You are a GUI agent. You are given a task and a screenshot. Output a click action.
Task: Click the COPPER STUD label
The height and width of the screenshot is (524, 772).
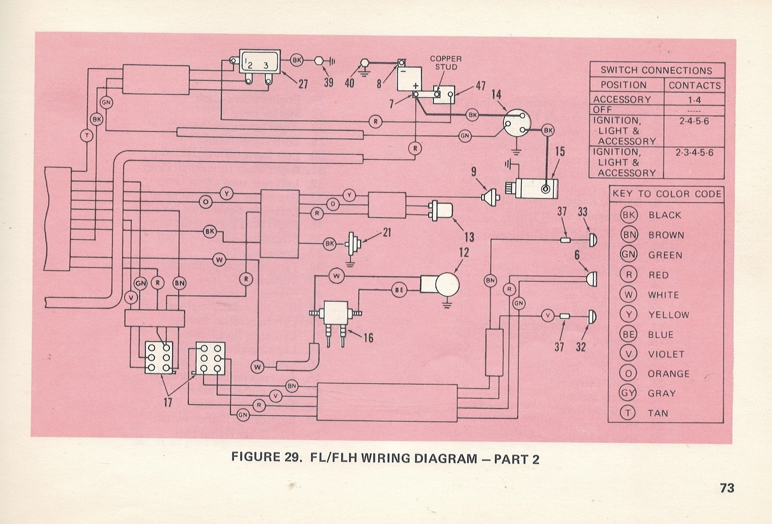pos(446,63)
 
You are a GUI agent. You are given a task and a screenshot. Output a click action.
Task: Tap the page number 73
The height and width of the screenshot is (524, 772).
pos(727,488)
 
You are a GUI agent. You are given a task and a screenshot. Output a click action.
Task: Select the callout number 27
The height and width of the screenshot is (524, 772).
pos(303,84)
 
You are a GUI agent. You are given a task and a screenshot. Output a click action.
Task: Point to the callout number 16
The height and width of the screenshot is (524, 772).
pos(368,338)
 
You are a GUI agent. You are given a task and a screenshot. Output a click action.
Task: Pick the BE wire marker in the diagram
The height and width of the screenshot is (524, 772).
pos(399,290)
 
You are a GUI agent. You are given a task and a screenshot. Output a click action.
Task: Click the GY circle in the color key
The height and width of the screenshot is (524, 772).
pos(628,393)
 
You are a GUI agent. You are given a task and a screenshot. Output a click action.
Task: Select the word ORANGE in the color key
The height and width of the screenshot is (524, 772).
pos(668,374)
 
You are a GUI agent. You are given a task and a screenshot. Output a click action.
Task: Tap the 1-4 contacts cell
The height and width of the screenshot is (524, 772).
pos(694,100)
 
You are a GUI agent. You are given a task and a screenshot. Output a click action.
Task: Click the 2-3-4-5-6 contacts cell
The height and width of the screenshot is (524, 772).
pos(694,152)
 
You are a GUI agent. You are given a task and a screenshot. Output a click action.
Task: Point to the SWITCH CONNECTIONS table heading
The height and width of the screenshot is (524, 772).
pos(656,70)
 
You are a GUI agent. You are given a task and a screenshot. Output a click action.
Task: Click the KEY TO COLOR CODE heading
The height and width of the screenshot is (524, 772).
pos(667,194)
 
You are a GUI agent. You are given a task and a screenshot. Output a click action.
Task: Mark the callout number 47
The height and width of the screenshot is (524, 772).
pos(480,86)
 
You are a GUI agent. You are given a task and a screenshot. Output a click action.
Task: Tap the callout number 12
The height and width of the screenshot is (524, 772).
pos(464,253)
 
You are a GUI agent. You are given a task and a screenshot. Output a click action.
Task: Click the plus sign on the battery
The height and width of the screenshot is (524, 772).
pos(415,85)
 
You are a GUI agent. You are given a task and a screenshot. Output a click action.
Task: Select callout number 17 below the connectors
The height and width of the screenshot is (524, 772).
pos(168,402)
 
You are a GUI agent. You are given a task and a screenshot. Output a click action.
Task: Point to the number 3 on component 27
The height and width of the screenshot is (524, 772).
pos(266,66)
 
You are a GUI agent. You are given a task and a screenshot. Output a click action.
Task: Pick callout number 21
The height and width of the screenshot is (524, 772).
pos(387,232)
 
